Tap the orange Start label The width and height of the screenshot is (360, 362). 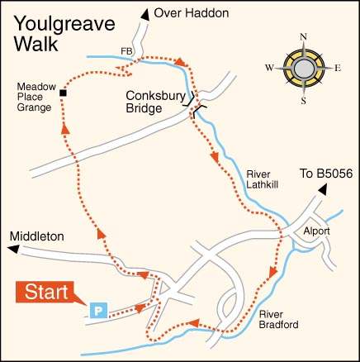pos(44,292)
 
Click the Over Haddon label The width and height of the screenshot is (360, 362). pos(194,13)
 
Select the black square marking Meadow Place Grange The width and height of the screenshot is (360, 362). pos(63,93)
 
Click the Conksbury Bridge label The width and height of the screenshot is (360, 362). pos(154,101)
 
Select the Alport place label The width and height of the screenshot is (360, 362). pos(316,231)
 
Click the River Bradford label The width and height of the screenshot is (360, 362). pos(277,319)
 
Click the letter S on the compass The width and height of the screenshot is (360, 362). pos(304,101)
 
